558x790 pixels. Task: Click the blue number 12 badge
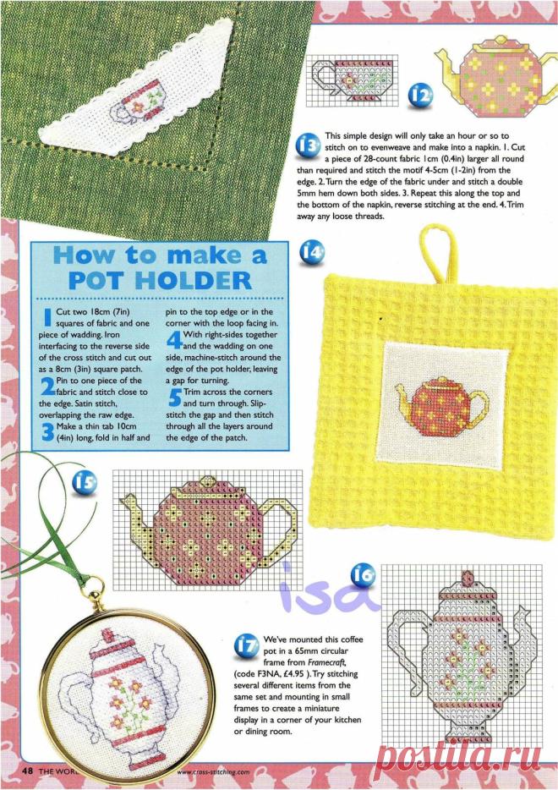419,96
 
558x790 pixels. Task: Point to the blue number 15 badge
84,484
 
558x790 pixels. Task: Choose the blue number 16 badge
363,575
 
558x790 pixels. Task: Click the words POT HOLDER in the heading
160,281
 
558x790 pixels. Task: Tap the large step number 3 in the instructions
47,432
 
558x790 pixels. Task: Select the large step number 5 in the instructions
175,398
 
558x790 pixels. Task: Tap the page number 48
27,771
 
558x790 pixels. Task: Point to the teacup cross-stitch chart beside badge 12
353,80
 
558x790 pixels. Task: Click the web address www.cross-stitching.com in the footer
214,771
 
